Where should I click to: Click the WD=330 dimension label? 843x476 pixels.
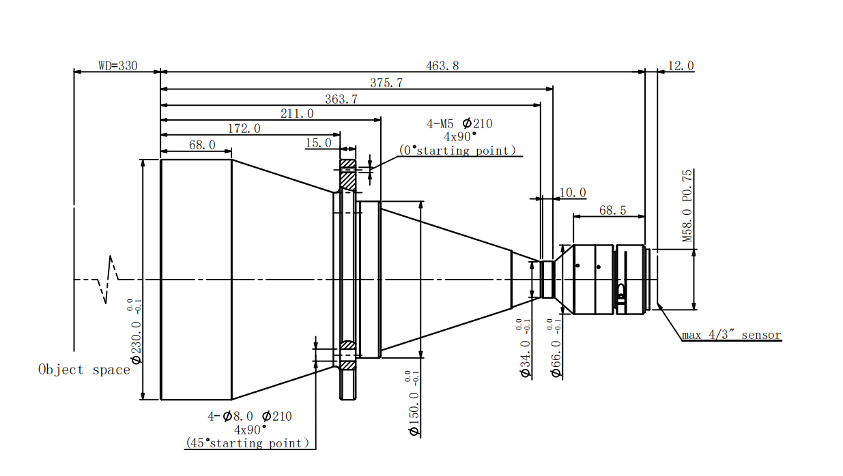coord(117,66)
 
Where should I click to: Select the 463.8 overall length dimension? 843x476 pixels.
coord(442,66)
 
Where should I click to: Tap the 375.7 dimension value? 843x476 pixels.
coord(386,83)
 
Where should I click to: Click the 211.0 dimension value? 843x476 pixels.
coord(297,114)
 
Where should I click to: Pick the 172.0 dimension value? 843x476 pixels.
coord(244,129)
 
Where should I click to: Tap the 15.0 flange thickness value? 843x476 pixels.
coord(318,143)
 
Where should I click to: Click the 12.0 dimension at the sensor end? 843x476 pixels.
coord(681,66)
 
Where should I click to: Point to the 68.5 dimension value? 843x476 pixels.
coord(612,211)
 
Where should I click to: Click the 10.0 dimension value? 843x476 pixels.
coord(573,194)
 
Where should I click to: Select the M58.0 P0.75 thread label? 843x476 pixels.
coord(687,206)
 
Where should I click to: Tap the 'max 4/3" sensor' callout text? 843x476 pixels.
coord(731,336)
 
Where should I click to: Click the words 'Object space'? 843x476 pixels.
coord(84,370)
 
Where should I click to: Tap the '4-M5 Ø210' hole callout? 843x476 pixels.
coord(459,124)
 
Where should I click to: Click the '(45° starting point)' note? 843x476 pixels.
coord(247,443)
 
